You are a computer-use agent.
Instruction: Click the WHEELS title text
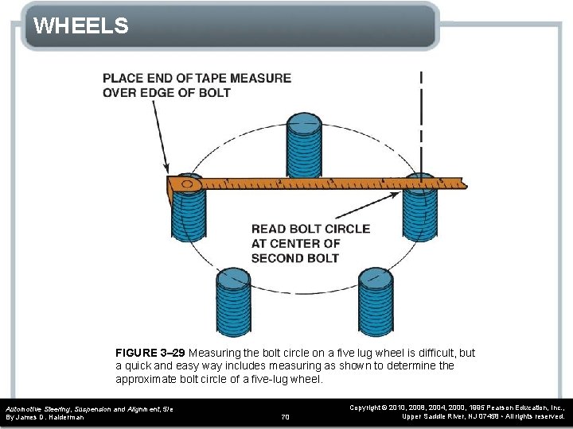[x=81, y=26]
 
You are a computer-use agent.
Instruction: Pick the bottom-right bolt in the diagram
[x=376, y=303]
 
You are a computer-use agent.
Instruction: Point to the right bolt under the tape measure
[x=419, y=211]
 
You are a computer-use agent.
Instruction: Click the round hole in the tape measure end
[x=187, y=184]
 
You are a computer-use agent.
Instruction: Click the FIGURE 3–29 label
[x=150, y=353]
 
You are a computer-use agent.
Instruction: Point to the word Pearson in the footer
[x=481, y=407]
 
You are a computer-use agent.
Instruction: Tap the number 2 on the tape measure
[x=280, y=182]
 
